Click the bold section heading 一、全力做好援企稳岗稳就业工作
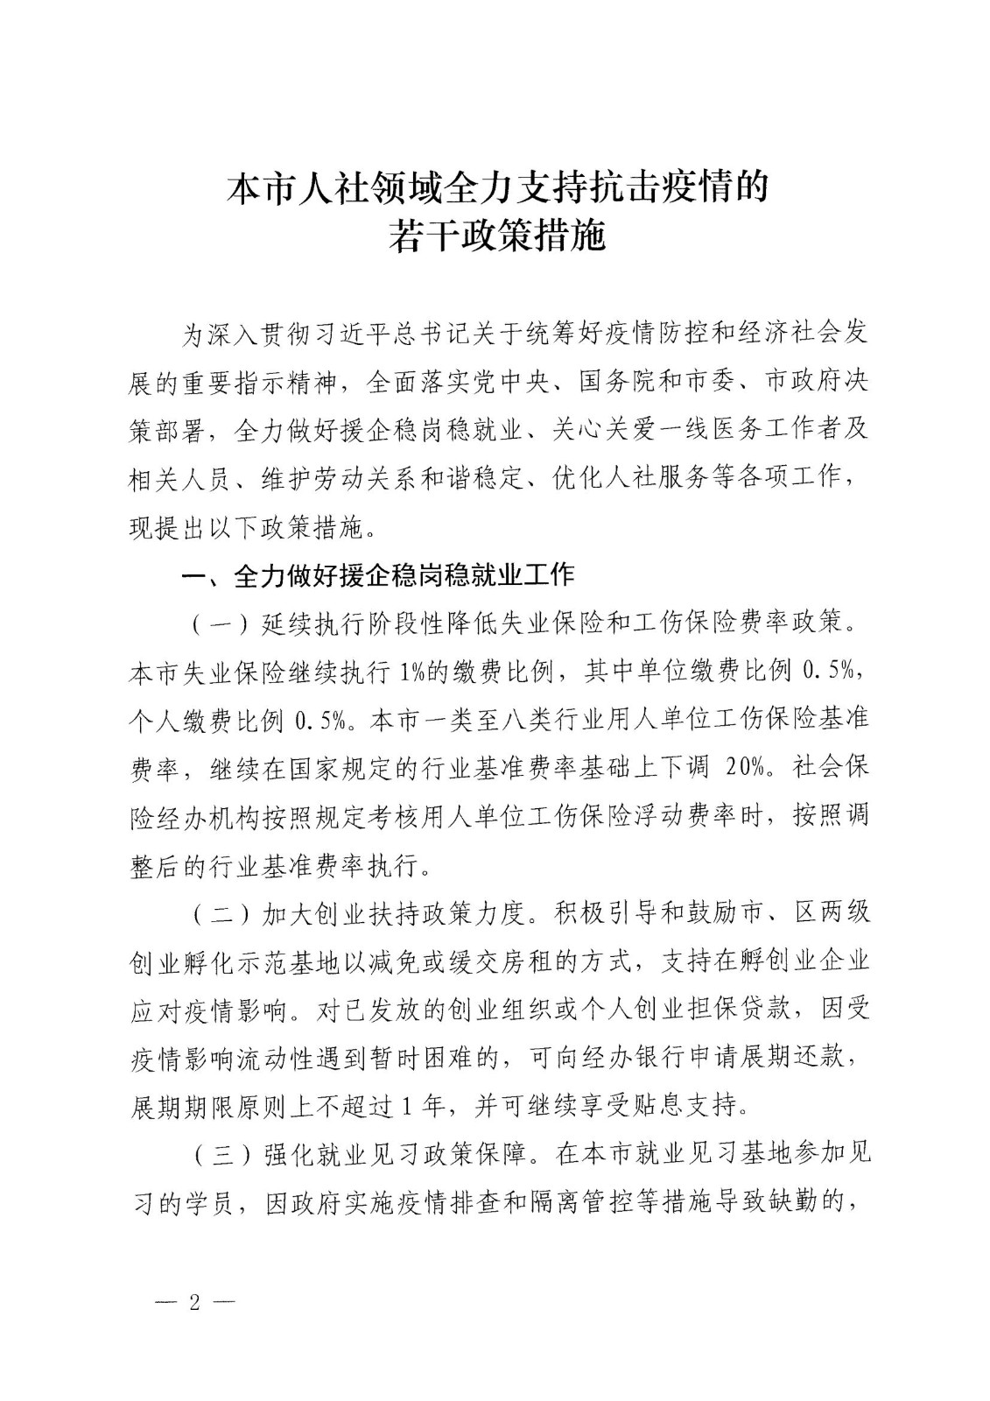click(x=377, y=575)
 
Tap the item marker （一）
click(x=213, y=624)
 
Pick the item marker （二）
click(x=213, y=913)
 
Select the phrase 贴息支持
click(x=696, y=1106)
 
